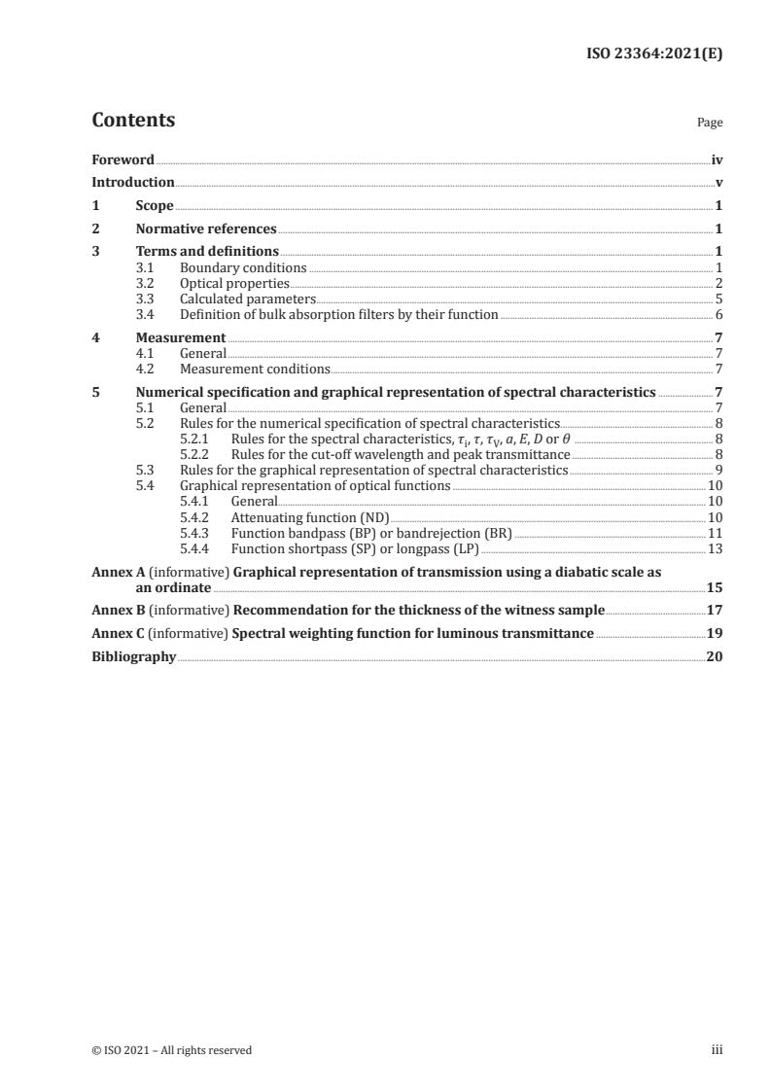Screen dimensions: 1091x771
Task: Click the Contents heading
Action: (133, 121)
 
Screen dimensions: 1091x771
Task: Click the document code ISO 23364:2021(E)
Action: (658, 54)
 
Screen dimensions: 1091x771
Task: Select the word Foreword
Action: (123, 159)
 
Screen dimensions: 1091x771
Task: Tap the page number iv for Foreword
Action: (717, 159)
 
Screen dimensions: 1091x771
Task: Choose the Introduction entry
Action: (133, 182)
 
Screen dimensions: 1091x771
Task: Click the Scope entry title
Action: (155, 205)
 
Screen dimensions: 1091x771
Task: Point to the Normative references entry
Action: (206, 229)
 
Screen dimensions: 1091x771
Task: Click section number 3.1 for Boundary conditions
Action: (145, 267)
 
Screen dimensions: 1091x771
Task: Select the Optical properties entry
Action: (222, 283)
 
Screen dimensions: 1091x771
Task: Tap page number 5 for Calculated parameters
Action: (718, 299)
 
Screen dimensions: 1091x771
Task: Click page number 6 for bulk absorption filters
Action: (718, 314)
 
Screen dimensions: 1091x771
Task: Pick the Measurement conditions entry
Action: (255, 369)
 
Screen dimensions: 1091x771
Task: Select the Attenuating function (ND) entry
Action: (310, 516)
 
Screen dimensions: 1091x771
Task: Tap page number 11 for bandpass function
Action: (715, 532)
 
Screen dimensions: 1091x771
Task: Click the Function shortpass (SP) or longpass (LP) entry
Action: (355, 547)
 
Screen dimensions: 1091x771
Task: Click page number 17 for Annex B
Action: (714, 611)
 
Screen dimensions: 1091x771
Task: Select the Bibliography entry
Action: (133, 657)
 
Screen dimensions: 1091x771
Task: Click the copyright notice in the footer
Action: (171, 1050)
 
